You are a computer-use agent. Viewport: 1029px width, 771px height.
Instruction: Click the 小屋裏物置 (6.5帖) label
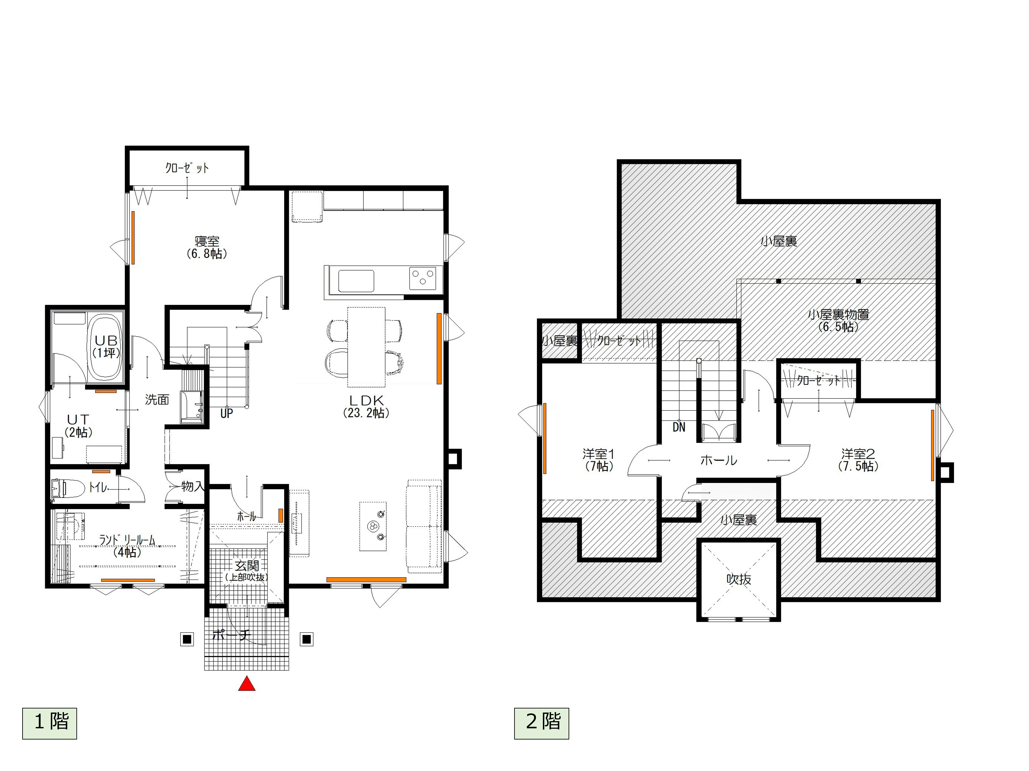(x=838, y=320)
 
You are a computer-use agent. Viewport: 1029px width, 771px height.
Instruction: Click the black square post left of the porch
(x=187, y=639)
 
